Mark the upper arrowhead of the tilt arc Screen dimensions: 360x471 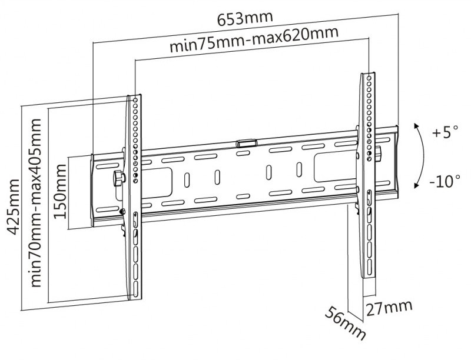416,126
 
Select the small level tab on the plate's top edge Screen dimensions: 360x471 246,142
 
